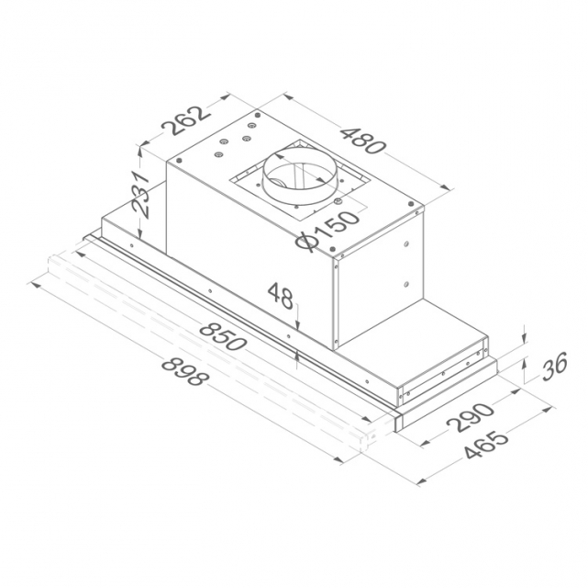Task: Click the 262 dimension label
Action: tap(185, 120)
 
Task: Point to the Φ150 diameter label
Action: tap(327, 231)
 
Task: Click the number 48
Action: tap(281, 296)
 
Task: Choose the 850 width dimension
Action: tap(223, 336)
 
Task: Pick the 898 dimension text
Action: tap(184, 372)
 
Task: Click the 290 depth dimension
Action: tap(470, 416)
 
